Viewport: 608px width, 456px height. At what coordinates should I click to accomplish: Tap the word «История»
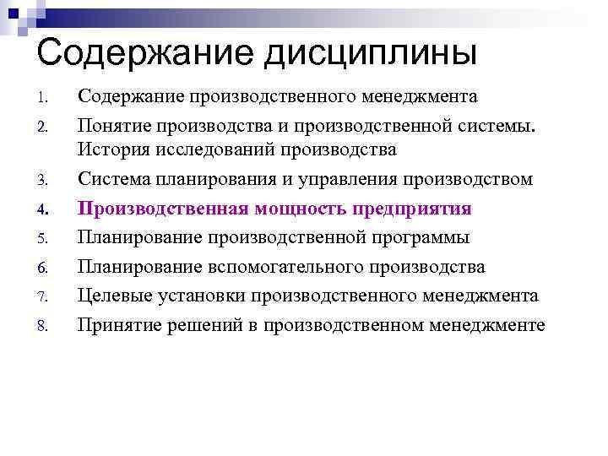(x=112, y=151)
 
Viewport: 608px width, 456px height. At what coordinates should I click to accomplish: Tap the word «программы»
(x=420, y=238)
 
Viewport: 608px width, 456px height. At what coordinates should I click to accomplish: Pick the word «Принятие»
(x=118, y=325)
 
